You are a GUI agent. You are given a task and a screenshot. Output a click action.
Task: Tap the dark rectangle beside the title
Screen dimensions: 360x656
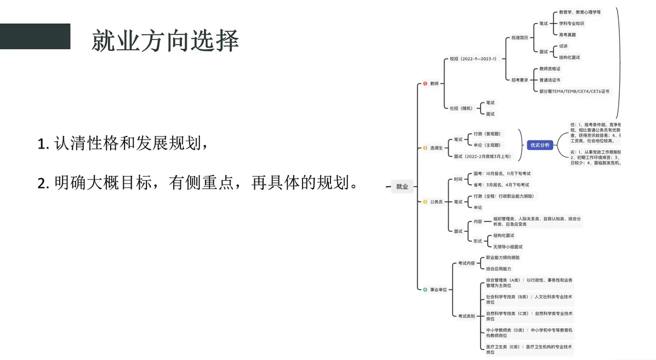pos(35,36)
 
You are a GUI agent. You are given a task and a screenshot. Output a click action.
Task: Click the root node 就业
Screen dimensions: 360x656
pos(402,186)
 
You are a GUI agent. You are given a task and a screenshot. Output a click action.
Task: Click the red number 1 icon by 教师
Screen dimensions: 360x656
pos(425,84)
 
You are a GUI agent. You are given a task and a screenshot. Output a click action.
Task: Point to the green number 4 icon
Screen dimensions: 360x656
pos(425,289)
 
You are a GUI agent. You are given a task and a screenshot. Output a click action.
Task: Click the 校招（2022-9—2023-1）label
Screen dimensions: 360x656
pos(473,59)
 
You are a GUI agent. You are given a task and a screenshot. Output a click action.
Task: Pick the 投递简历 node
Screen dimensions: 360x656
pos(520,38)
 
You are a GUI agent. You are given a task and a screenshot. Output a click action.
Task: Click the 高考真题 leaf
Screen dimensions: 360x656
pos(567,35)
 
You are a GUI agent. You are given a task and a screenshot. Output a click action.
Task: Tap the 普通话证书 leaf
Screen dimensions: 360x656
pos(550,80)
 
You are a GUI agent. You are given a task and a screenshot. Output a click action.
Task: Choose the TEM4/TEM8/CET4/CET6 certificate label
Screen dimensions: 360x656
pos(574,92)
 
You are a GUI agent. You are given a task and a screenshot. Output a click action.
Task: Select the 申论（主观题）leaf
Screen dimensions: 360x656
pos(487,145)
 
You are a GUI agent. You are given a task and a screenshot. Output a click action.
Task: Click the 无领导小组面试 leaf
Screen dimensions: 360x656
pos(508,247)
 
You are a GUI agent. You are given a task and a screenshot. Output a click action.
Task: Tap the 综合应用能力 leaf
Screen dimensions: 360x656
pos(499,268)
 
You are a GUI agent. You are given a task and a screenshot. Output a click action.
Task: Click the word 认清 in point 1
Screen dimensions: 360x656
pos(66,145)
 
